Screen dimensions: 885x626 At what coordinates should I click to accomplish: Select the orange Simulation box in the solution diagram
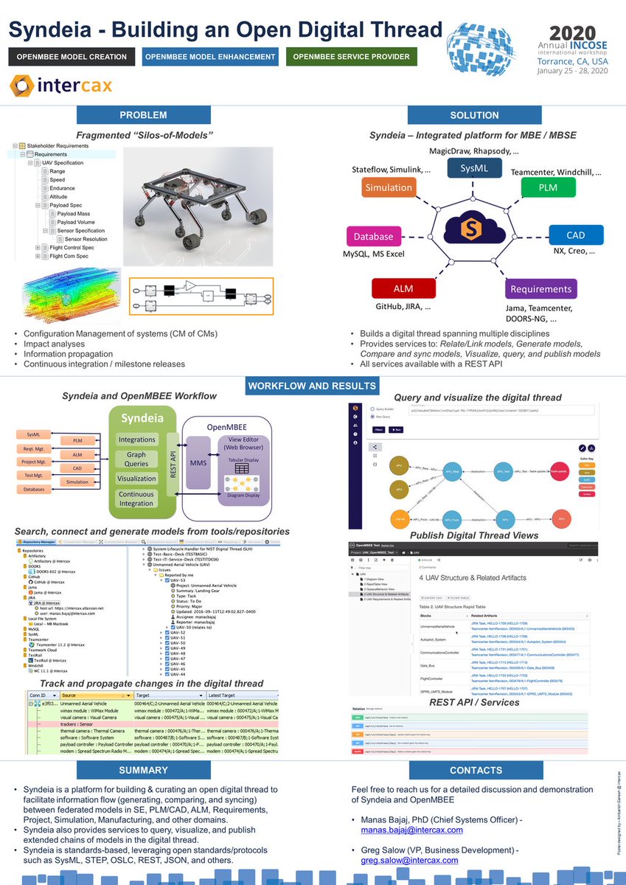[x=389, y=187]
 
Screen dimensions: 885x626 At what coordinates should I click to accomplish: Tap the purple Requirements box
[x=540, y=289]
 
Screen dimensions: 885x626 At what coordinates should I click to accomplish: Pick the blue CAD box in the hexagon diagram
[x=576, y=235]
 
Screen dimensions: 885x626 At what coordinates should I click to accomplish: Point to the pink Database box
[x=374, y=237]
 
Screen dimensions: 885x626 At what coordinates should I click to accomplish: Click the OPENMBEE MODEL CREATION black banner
[x=72, y=56]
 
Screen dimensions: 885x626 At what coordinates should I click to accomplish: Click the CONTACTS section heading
[x=475, y=771]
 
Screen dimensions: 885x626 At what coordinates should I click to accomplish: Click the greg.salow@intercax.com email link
[x=409, y=860]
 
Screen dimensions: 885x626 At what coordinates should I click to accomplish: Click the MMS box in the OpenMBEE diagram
[x=199, y=462]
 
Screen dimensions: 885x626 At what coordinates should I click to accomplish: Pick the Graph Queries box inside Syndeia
[x=136, y=459]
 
